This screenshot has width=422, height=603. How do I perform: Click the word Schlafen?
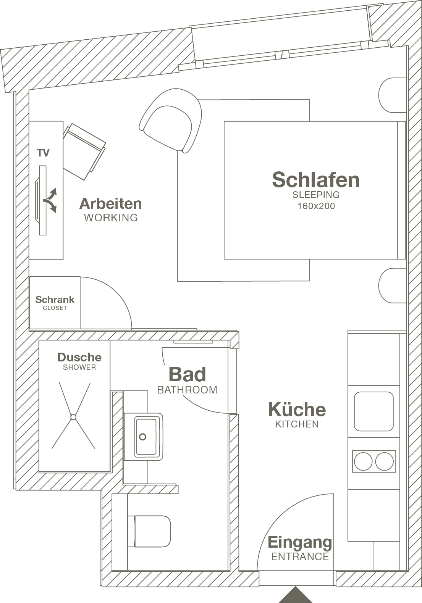316,179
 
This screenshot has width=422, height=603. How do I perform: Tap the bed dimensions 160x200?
316,206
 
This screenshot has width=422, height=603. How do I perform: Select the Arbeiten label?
111,204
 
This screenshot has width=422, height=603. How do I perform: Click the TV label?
43,153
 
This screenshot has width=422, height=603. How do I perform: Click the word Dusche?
79,357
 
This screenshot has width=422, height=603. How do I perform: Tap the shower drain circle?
73,417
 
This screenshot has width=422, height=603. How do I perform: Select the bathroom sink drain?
143,437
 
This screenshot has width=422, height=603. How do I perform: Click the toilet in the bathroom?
149,531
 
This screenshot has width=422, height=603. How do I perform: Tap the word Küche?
297,410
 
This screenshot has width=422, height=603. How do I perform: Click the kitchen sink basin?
374,411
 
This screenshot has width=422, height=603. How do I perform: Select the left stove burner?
363,462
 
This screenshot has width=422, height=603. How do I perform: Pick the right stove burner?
384,462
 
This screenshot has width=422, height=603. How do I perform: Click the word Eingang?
300,542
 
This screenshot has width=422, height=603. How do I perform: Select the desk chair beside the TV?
84,151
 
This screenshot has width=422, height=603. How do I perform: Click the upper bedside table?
392,95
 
